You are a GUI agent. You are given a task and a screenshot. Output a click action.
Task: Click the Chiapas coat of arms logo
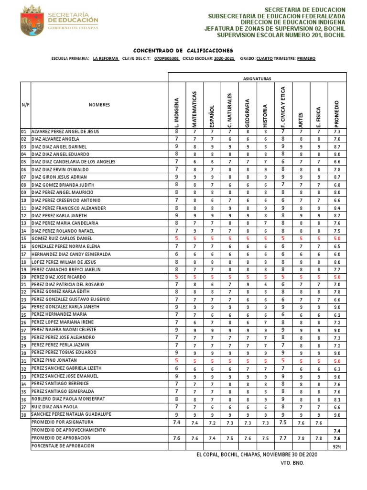32,21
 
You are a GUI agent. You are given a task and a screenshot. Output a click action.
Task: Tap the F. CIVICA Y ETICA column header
283,106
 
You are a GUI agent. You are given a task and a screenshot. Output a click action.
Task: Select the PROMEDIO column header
336,113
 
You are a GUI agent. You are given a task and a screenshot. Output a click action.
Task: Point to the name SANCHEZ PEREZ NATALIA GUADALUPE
71,414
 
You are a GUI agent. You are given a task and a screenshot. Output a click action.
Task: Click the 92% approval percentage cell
336,446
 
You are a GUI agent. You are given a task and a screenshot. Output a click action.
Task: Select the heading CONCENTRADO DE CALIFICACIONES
183,50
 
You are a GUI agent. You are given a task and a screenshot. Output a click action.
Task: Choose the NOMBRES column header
99,104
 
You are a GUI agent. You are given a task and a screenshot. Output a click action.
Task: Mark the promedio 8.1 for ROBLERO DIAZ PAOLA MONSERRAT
336,399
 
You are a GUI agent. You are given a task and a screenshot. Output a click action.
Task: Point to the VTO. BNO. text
292,463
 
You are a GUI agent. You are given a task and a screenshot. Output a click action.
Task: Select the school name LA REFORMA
106,58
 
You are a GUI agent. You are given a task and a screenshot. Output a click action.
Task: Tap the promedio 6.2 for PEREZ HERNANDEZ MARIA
336,315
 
